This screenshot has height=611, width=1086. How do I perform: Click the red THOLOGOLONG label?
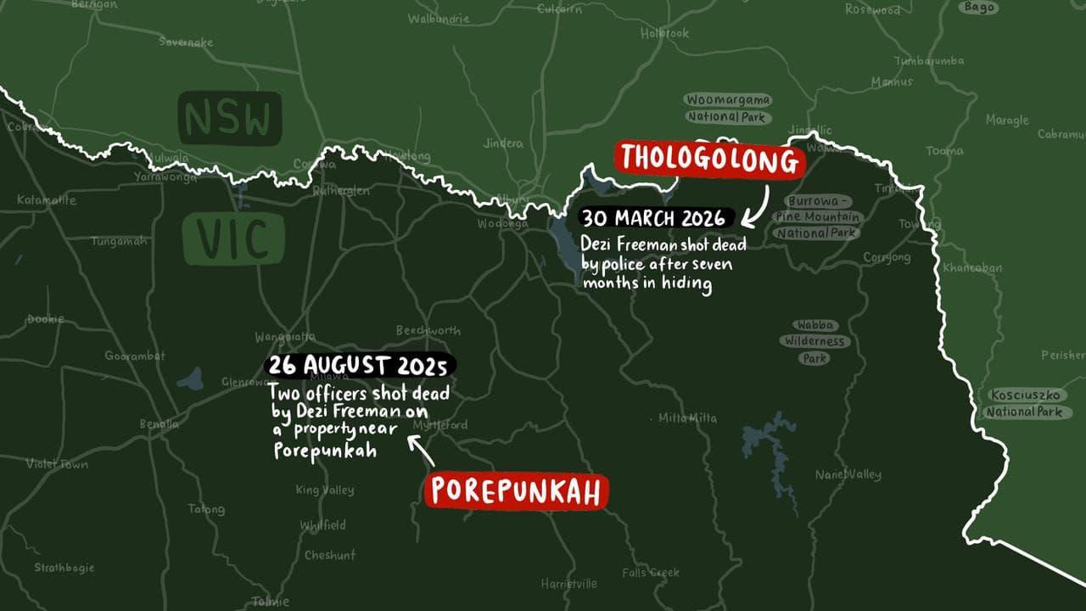(x=708, y=160)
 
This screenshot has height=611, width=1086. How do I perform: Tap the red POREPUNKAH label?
(x=517, y=491)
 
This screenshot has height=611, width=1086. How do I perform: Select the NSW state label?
(x=229, y=118)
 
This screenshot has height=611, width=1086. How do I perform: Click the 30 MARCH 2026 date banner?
(x=654, y=218)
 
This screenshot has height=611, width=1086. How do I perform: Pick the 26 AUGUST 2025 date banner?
(x=360, y=367)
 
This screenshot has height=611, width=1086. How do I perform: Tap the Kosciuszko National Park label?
(x=1024, y=404)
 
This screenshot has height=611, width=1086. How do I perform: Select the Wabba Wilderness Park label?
(x=814, y=341)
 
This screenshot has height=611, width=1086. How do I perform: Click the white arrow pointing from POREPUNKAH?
(x=422, y=451)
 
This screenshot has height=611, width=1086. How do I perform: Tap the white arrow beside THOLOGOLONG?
(x=757, y=204)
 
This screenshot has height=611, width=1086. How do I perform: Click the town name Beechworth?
(x=428, y=330)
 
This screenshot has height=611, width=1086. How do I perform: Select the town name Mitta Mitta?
(x=687, y=418)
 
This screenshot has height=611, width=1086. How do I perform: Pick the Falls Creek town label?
(x=651, y=573)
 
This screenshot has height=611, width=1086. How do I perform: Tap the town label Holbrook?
(x=664, y=33)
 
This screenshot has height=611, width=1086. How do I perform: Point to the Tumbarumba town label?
(x=929, y=60)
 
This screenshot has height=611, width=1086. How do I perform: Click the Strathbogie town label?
(x=64, y=568)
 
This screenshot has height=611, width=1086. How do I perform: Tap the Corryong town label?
(x=887, y=257)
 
